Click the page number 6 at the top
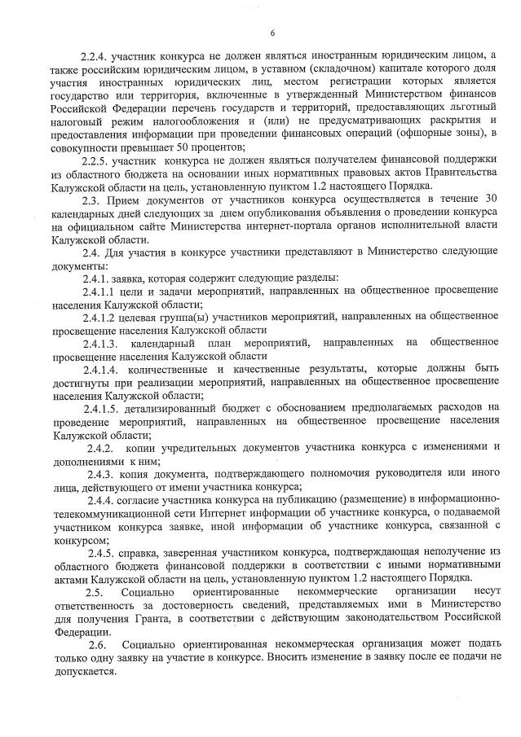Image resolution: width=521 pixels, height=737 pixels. click(x=272, y=32)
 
